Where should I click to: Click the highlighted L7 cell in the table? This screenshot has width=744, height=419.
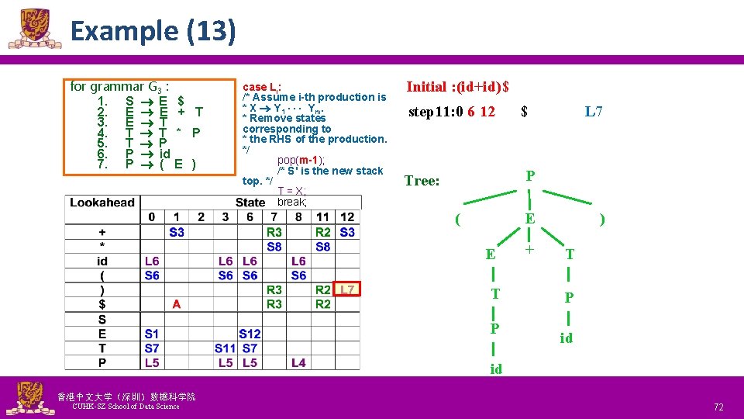[x=347, y=289]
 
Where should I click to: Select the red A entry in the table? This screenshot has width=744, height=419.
[x=177, y=304]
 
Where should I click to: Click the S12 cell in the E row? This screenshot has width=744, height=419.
[x=250, y=334]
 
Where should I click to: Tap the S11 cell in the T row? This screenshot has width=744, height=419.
[x=225, y=348]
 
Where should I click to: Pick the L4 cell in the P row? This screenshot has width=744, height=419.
[x=298, y=362]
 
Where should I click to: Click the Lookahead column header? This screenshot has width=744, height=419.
[x=102, y=203]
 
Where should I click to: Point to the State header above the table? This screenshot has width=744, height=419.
[x=250, y=203]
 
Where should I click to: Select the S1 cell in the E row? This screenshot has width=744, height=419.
[x=152, y=334]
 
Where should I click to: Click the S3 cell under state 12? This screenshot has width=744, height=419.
[x=347, y=232]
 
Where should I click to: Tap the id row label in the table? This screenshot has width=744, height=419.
[x=102, y=261]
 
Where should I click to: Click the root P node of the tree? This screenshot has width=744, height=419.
[x=529, y=175]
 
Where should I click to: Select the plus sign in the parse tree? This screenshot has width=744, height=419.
[x=530, y=250]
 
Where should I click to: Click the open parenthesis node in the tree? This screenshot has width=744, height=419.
[x=459, y=220]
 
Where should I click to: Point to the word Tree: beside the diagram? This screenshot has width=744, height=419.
[x=422, y=181]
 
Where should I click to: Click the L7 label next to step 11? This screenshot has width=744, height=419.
[x=594, y=112]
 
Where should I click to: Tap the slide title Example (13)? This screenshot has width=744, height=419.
[x=153, y=31]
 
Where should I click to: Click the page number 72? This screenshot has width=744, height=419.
[x=718, y=407]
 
